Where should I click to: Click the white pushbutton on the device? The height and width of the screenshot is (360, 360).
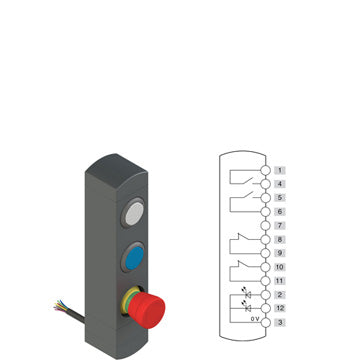coord(134,213)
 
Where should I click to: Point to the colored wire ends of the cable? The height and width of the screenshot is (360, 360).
coord(59,305)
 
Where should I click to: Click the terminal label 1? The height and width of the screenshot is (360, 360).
coord(280,170)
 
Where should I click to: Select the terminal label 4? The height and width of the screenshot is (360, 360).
coord(280,184)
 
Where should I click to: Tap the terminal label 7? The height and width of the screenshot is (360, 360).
coord(280,226)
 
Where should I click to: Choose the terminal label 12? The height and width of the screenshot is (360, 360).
coord(280,308)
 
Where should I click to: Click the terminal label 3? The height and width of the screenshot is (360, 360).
coord(280,323)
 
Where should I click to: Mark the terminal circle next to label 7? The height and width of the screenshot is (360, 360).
coord(265,226)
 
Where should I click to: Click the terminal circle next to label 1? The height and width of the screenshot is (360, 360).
coord(265,170)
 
